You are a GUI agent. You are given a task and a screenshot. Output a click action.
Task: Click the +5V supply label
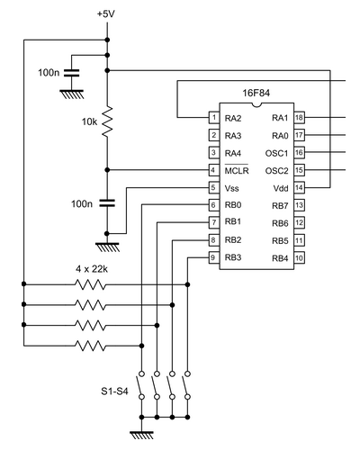(106, 13)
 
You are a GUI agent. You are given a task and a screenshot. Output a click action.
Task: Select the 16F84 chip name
(256, 93)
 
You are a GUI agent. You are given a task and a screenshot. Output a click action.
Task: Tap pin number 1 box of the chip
(214, 117)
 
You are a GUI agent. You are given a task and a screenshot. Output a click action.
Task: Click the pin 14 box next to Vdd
(299, 188)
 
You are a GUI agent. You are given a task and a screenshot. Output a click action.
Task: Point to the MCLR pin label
(237, 170)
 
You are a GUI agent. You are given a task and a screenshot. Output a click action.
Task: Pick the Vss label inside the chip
(232, 188)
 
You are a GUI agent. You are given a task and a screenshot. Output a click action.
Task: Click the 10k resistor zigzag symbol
(107, 121)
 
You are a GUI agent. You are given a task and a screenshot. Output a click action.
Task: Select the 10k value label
(89, 121)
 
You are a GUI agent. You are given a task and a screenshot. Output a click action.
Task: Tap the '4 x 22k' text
(92, 269)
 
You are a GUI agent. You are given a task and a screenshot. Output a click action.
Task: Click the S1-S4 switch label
(114, 391)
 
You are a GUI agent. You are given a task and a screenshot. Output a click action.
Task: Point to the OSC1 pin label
(276, 153)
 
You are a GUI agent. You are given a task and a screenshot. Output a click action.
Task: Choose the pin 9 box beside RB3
(214, 257)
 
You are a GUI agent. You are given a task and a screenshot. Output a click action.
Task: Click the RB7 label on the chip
(280, 206)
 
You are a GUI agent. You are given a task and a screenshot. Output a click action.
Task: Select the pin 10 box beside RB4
(299, 257)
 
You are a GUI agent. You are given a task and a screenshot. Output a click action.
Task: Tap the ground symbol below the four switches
(142, 435)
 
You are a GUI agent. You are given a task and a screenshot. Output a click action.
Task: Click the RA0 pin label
(280, 136)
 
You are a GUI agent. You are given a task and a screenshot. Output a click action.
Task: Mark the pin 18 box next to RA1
(299, 117)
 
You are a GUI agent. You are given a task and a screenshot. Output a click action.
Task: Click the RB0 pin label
(233, 205)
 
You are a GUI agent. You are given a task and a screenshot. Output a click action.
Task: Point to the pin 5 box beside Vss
(214, 188)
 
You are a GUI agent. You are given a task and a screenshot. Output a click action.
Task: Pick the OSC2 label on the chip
(276, 171)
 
